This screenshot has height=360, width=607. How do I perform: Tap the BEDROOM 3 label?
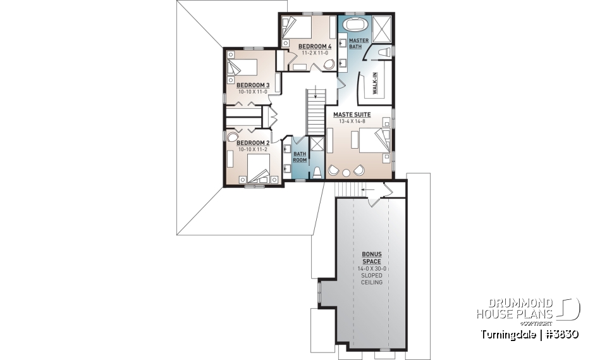pos(253,85)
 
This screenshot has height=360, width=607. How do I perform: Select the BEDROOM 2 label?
pos(253,143)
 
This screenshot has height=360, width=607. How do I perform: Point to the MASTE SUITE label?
pos(352,115)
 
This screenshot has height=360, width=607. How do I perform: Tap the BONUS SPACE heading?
pos(372,258)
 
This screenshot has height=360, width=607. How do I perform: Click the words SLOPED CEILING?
pos(372,279)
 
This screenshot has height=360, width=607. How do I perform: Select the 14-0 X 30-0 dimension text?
pos(372,269)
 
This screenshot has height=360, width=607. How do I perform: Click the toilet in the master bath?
pos(384,51)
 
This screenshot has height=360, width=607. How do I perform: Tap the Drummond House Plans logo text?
pos(515,309)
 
